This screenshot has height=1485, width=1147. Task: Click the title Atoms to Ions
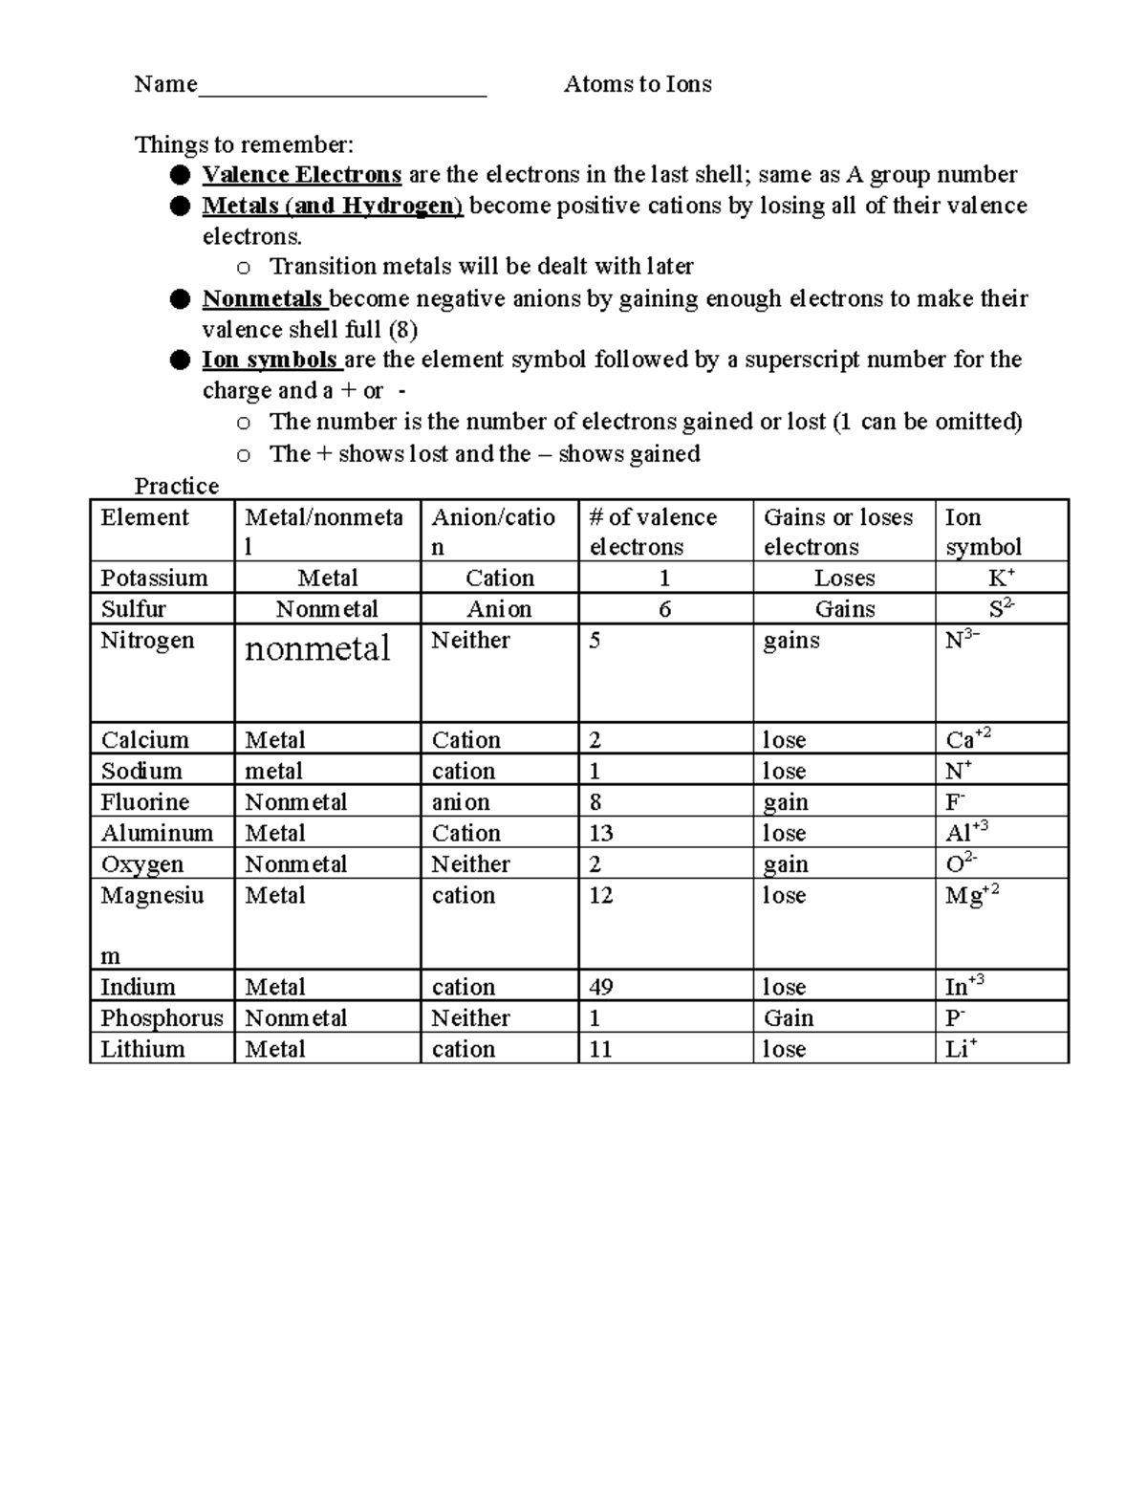(x=638, y=84)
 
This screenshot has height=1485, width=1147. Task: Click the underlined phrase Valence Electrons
(x=301, y=174)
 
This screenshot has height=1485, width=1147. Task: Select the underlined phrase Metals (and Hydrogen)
(x=332, y=206)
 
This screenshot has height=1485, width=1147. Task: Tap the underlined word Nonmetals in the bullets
(x=264, y=298)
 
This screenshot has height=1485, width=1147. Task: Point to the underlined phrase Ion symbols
(x=271, y=360)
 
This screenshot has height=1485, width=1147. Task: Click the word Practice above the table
(x=177, y=486)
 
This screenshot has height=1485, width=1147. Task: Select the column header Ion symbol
(x=983, y=532)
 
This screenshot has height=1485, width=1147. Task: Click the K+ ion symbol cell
(x=1001, y=578)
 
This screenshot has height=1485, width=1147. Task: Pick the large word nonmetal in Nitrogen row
(x=317, y=649)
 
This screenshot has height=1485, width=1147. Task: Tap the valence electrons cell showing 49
(x=601, y=987)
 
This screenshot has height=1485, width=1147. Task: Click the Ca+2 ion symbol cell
(x=967, y=739)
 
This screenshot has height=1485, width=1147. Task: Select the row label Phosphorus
(x=162, y=1017)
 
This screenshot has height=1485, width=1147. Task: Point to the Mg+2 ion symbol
(x=971, y=896)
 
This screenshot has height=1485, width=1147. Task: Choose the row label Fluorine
(x=145, y=801)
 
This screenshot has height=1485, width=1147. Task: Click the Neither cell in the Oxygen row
(x=470, y=863)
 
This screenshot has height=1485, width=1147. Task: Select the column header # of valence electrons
(x=652, y=532)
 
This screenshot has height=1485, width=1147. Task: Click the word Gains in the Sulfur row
(x=844, y=609)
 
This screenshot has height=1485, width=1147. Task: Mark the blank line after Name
(x=342, y=88)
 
